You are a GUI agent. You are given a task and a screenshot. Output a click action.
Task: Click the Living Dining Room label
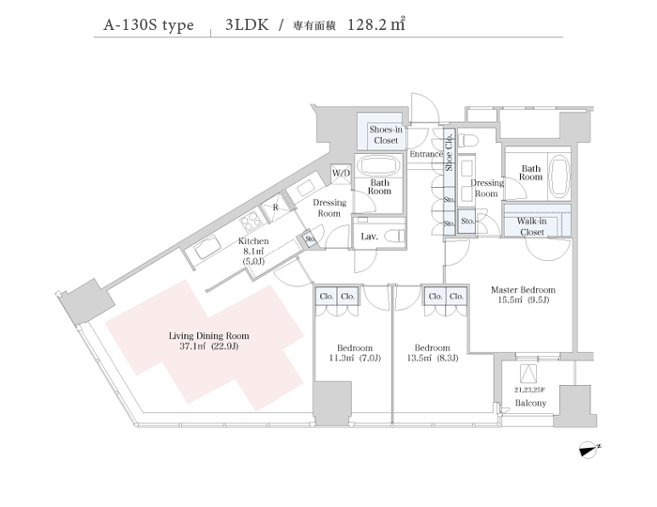pos(208,341)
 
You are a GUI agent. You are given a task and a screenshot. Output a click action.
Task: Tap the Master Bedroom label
pos(523,295)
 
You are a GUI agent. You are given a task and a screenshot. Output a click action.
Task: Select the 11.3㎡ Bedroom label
pos(355,353)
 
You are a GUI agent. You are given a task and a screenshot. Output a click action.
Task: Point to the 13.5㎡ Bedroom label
pos(432,353)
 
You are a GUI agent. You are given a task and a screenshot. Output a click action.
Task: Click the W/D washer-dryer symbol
pos(341,174)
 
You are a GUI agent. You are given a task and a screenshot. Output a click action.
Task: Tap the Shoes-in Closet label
pos(386,135)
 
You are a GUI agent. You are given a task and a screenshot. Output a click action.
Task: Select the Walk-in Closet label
pos(532,226)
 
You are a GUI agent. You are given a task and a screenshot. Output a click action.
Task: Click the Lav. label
pos(369,237)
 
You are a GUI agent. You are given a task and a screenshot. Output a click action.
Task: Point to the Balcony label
pos(530,403)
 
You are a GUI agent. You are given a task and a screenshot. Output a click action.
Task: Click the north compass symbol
pos(589,450)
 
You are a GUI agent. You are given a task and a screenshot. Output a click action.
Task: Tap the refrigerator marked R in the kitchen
pos(275,207)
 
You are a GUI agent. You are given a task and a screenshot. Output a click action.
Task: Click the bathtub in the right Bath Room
pos(558,177)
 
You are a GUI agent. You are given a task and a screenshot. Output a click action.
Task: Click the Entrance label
pos(426,154)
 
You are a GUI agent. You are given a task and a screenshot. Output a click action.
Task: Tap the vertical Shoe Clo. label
pos(449,152)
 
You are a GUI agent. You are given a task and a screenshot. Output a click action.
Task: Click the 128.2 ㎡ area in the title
pos(376,24)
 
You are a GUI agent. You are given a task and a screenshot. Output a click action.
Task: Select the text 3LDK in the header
pos(247,24)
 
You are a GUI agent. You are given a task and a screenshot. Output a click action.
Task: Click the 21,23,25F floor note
pos(530,390)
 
